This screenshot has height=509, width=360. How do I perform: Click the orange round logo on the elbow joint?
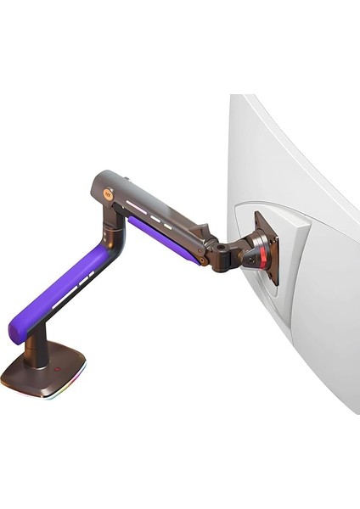(108, 193)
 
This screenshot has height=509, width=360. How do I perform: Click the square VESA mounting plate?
(266, 246)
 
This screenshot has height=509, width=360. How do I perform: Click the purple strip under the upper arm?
(164, 240)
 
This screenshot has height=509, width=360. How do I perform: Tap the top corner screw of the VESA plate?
(257, 215)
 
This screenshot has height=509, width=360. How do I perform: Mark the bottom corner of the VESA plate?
(273, 282)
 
